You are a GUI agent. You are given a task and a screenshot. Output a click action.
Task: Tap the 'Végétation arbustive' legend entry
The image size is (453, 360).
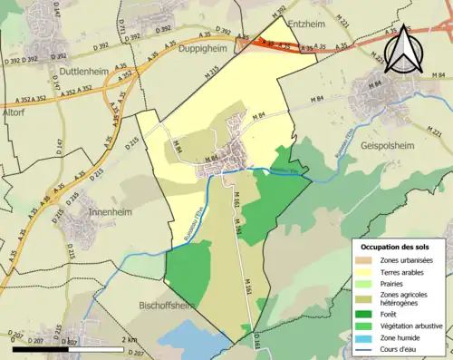[x=404, y=324]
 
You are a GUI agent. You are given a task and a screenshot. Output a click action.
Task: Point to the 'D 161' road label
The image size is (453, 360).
[x=257, y=340]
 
